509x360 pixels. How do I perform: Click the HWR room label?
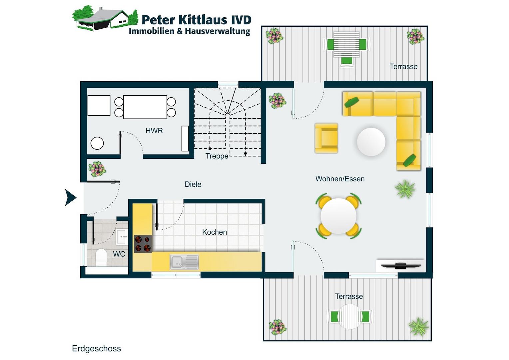pyautogui.click(x=154, y=131)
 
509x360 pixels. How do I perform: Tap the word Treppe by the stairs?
pyautogui.click(x=217, y=156)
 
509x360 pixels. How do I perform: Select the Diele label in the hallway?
pyautogui.click(x=193, y=184)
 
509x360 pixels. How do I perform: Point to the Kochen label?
pyautogui.click(x=215, y=232)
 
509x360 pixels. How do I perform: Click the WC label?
pyautogui.click(x=119, y=254)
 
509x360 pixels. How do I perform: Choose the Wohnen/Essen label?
pyautogui.click(x=340, y=179)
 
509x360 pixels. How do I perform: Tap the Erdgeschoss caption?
pyautogui.click(x=96, y=349)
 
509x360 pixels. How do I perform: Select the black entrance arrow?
pyautogui.click(x=71, y=197)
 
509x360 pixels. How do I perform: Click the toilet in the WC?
pyautogui.click(x=101, y=257)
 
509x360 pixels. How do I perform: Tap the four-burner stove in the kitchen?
pyautogui.click(x=143, y=244)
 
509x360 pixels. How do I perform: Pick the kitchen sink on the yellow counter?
pyautogui.click(x=184, y=262)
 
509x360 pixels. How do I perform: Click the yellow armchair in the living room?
pyautogui.click(x=326, y=138)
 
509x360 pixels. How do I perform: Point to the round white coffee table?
pyautogui.click(x=371, y=142)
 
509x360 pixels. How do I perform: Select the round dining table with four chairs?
pyautogui.click(x=338, y=216)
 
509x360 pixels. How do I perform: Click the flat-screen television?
pyautogui.click(x=401, y=265)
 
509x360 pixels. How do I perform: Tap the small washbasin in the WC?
pyautogui.click(x=122, y=237)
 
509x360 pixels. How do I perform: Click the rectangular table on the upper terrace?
pyautogui.click(x=346, y=44)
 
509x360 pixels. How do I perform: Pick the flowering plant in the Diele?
pyautogui.click(x=97, y=169)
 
